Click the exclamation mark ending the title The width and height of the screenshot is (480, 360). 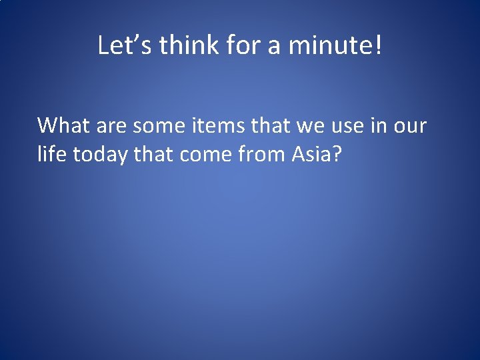tap(379, 46)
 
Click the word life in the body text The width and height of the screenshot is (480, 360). tap(52, 155)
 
